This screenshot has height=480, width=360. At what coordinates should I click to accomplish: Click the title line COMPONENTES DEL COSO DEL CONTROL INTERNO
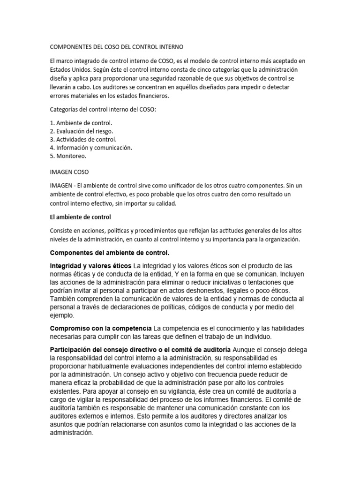click(117, 47)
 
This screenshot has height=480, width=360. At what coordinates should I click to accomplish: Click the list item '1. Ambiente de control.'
click(81, 123)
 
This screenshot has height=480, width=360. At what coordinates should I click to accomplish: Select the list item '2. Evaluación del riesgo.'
click(82, 131)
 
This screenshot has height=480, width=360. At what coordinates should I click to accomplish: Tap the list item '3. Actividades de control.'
click(83, 139)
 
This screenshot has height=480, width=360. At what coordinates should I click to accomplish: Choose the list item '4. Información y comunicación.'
click(91, 148)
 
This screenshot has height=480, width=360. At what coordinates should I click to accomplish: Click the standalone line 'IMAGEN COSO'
click(69, 172)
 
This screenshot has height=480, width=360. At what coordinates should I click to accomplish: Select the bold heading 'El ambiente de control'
click(80, 217)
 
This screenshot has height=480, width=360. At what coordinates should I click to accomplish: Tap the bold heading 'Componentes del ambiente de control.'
click(110, 253)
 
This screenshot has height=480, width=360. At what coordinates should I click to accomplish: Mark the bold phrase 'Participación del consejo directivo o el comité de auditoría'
click(140, 350)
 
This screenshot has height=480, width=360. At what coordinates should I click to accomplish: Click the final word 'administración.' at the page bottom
click(72, 434)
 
